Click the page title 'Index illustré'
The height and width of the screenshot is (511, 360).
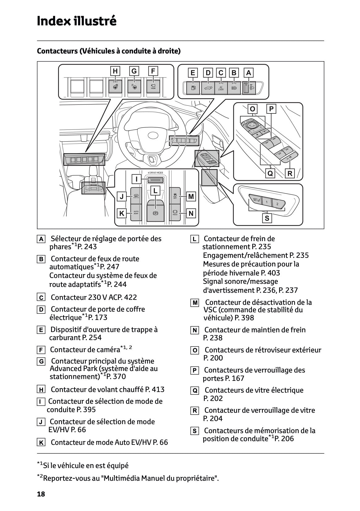[77, 21]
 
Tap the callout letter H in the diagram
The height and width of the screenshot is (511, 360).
[115, 71]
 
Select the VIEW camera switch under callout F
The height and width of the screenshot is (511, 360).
[153, 86]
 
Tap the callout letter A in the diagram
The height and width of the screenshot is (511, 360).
[248, 73]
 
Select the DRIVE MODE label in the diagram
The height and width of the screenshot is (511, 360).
[155, 172]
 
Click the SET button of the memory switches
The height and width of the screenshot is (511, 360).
[256, 200]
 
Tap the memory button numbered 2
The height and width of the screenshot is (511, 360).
[277, 204]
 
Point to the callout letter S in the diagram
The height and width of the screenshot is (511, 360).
[267, 218]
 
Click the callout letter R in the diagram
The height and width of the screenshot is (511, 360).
[290, 173]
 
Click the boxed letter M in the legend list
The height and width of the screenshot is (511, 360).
[195, 303]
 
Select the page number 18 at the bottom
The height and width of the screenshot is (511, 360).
[41, 494]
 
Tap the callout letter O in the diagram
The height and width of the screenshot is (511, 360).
[252, 109]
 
